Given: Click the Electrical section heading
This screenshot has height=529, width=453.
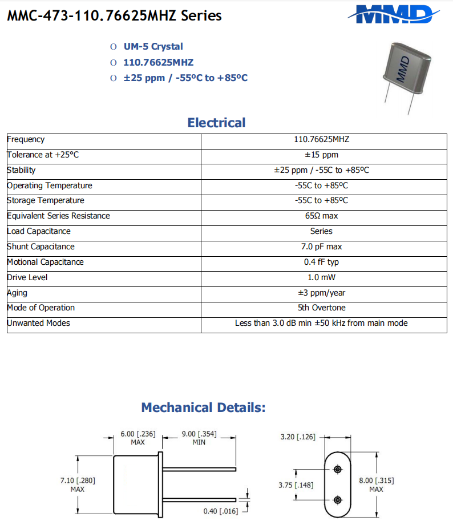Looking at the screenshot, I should coord(216,123).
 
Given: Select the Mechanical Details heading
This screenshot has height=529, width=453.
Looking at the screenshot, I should coord(203,407).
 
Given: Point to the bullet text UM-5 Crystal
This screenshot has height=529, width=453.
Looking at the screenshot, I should coord(153,47).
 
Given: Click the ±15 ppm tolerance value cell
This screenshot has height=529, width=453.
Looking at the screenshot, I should coord(321,155).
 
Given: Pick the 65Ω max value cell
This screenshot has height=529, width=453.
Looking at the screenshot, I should coord(321,216).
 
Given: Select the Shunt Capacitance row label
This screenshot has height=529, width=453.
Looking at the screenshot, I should coord(41,247).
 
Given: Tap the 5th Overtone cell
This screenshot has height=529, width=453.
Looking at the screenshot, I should coord(321,308).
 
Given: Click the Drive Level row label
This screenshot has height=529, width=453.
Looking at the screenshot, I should coord(27,277).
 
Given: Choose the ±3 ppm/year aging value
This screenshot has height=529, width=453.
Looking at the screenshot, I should coord(321,293).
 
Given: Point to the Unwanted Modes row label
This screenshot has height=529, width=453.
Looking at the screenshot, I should coord(38,323).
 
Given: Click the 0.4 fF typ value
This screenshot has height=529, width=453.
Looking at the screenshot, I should coord(321,262).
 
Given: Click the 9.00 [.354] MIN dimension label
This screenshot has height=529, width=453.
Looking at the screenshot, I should coord(199,438).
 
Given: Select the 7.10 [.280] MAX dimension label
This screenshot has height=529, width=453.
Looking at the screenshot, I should coord(78,484).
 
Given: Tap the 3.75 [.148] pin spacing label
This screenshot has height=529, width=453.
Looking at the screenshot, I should coord(296,485).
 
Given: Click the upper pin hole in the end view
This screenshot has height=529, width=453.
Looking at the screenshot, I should coord(338,469).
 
